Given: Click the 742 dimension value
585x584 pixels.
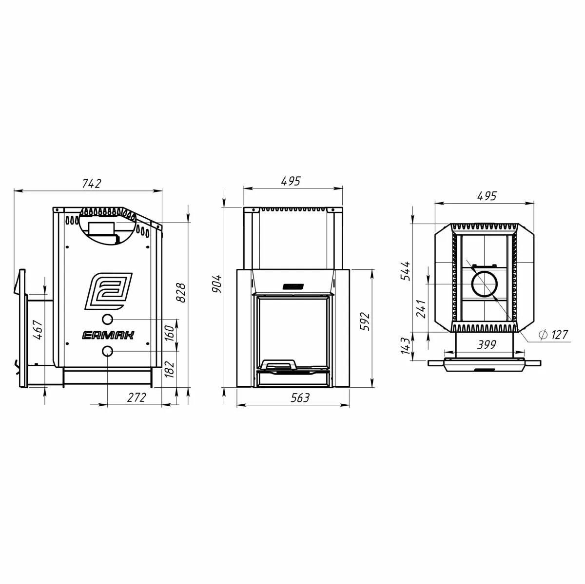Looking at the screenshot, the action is click(x=91, y=184).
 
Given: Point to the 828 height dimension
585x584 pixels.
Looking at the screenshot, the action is click(x=181, y=292).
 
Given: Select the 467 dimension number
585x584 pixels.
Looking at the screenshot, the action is click(x=38, y=330).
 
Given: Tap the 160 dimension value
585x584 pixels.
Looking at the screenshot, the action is click(x=170, y=333).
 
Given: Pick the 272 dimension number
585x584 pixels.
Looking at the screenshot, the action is click(x=136, y=397).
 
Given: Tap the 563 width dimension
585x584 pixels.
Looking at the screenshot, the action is click(x=300, y=398).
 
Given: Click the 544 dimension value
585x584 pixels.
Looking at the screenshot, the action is click(x=405, y=271).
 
